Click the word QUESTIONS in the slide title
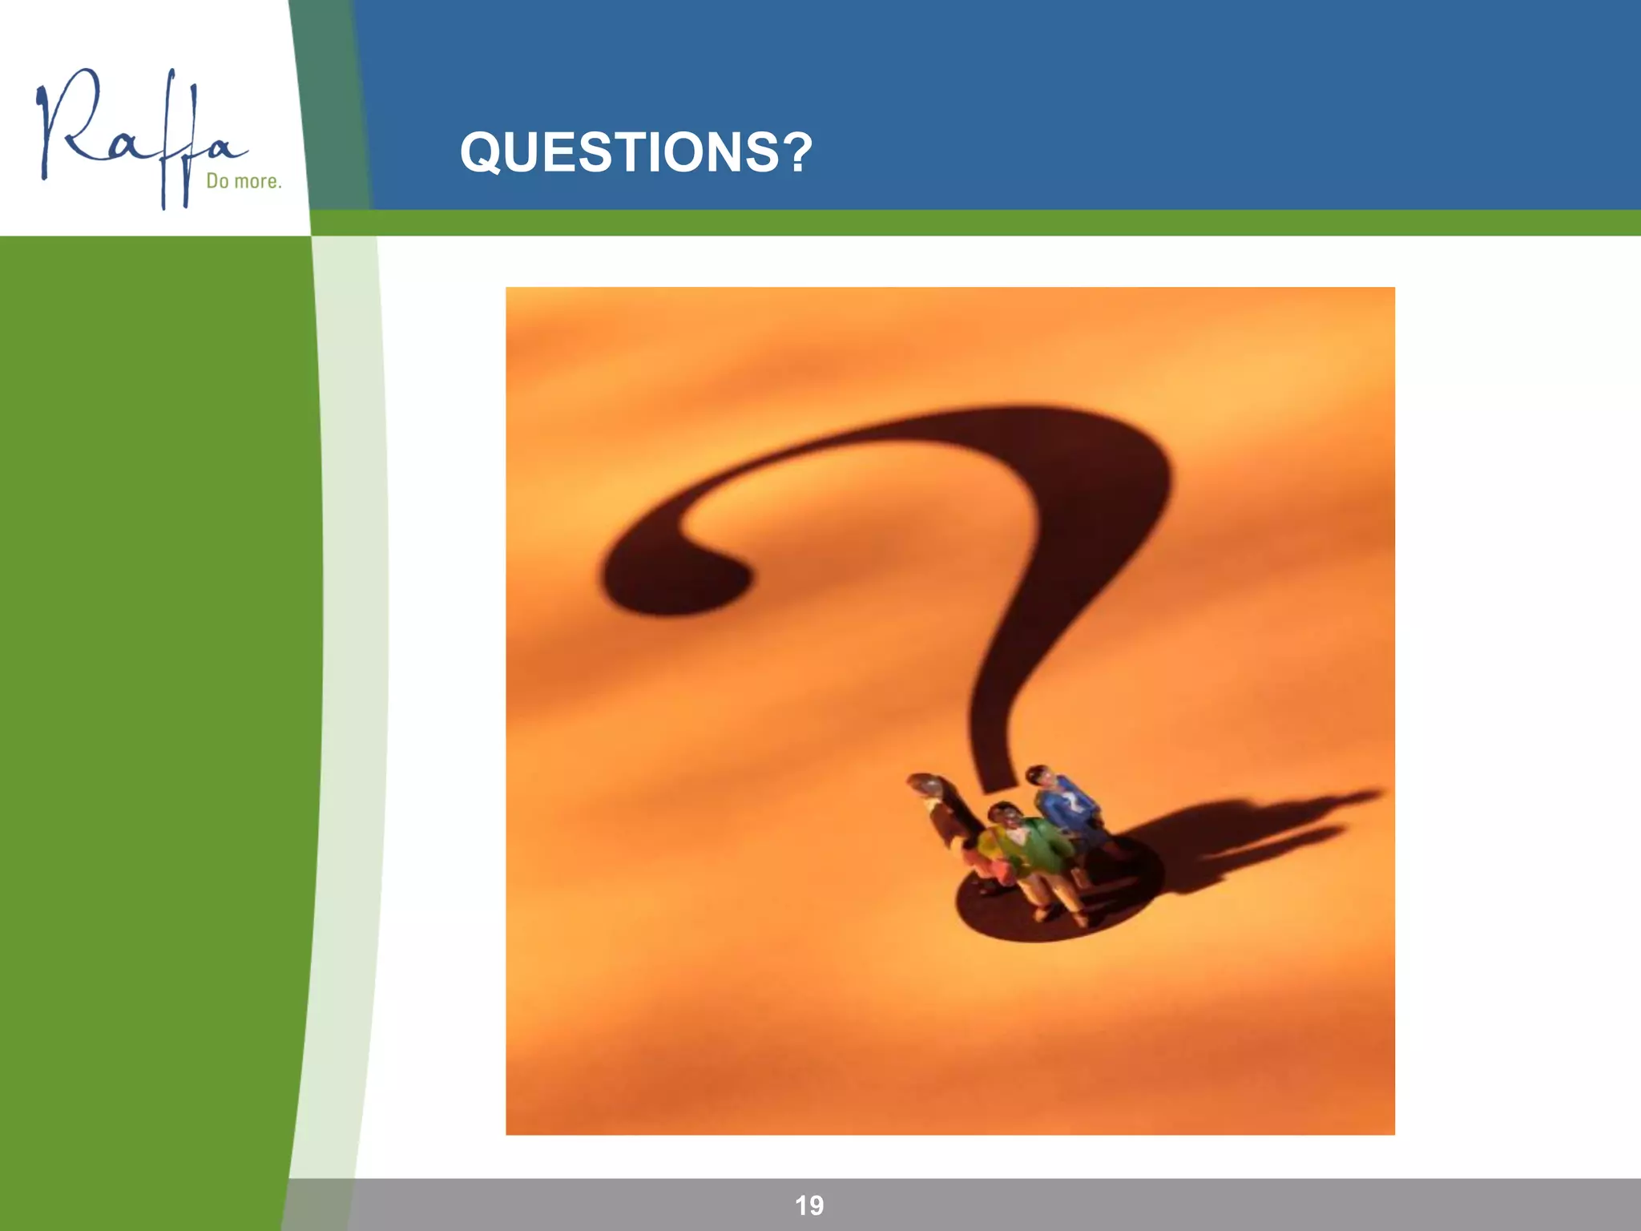tap(618, 152)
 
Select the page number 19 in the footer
tap(809, 1205)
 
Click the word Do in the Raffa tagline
tap(217, 181)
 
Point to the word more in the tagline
tap(257, 182)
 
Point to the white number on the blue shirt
tap(1070, 801)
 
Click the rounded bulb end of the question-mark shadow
tap(673, 573)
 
